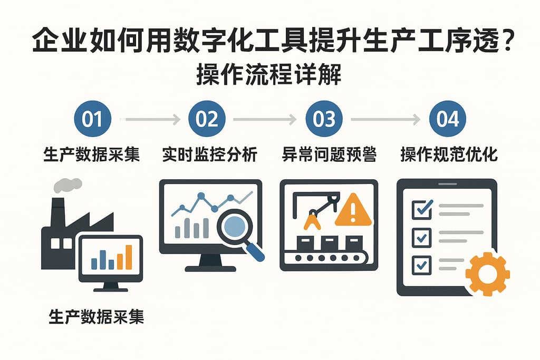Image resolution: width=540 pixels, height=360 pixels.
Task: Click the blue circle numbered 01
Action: (x=93, y=119)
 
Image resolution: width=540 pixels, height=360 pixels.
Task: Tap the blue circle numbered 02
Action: (x=207, y=119)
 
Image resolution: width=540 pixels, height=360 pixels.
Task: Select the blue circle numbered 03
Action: (x=324, y=119)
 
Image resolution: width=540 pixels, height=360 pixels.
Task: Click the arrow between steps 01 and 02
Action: (x=150, y=120)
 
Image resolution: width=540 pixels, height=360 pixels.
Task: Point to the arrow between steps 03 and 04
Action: (x=385, y=120)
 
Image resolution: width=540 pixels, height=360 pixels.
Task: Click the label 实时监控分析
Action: (x=209, y=155)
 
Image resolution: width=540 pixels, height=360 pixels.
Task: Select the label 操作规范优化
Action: (x=449, y=155)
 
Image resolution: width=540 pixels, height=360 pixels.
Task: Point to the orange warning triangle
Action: (x=353, y=209)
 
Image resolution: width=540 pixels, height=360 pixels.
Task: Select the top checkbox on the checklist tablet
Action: (x=421, y=209)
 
